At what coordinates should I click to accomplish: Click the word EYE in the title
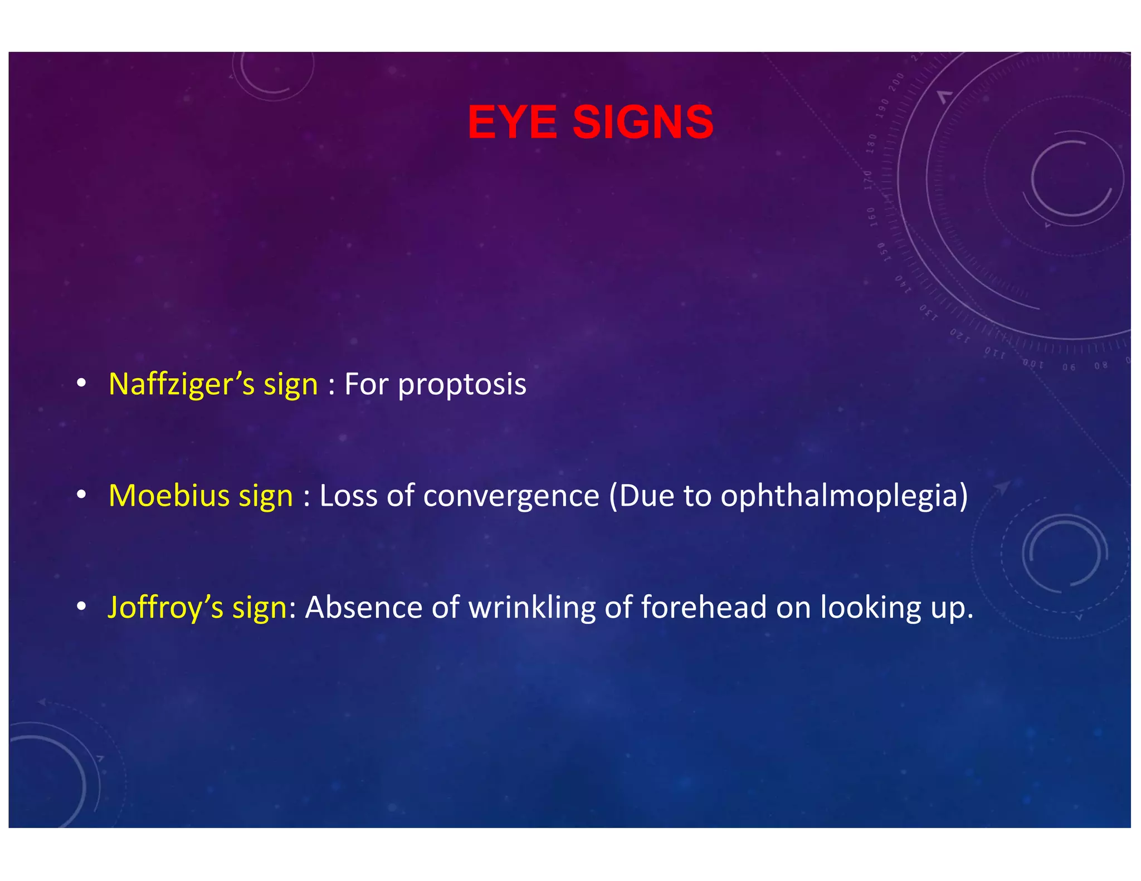511,122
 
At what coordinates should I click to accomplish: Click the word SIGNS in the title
643,122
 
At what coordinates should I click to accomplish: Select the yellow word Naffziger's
182,384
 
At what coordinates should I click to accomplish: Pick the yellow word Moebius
169,496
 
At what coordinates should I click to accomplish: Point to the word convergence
511,496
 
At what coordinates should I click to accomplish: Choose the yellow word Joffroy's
165,607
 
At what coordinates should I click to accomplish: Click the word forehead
704,607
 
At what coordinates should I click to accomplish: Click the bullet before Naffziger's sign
81,383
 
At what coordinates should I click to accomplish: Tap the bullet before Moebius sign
81,495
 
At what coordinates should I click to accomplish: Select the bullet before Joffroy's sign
81,606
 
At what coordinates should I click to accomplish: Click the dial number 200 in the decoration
895,82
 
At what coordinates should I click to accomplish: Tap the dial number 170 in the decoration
869,180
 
